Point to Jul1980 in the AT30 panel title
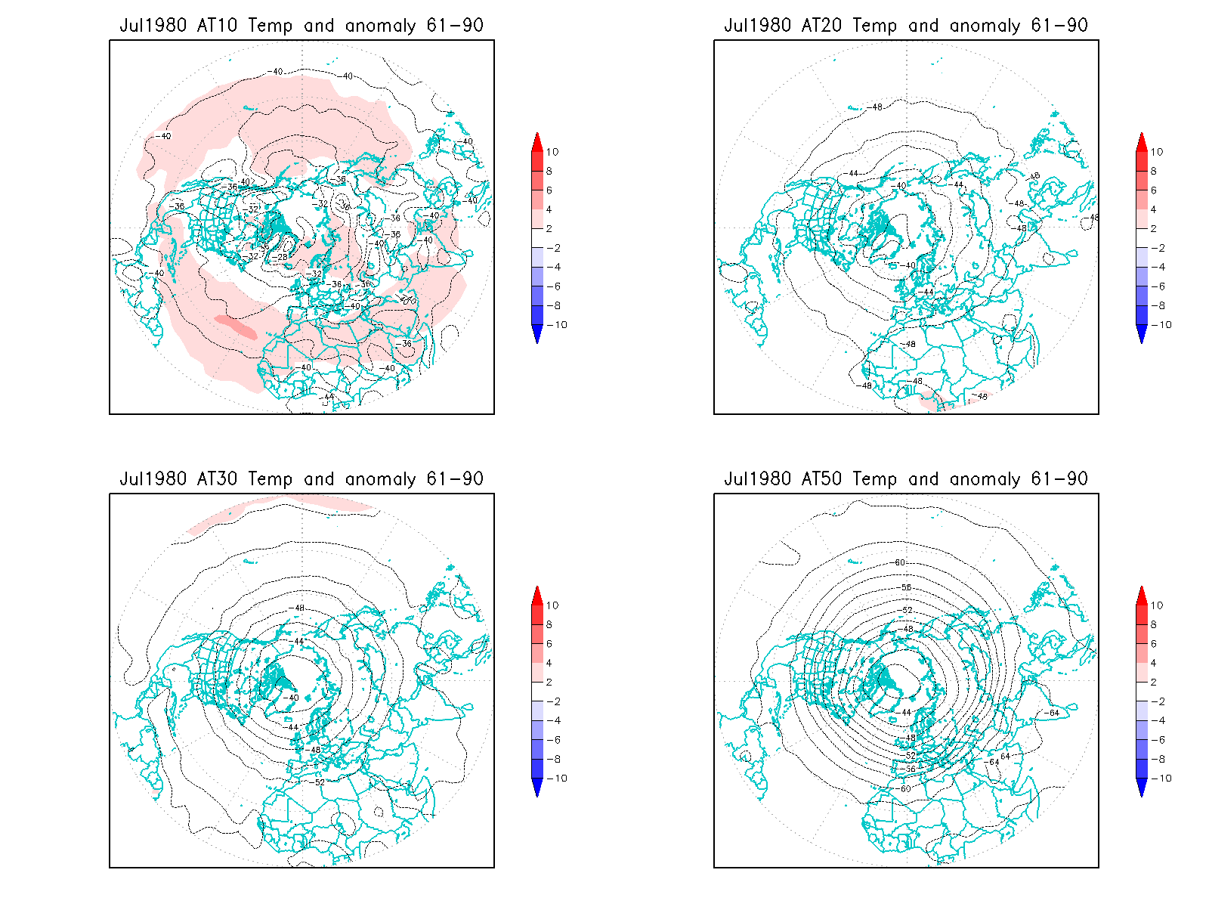pyautogui.click(x=153, y=478)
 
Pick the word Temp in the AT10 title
pyautogui.click(x=270, y=25)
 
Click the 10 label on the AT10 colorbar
pyautogui.click(x=552, y=152)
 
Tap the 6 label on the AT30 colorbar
pyautogui.click(x=549, y=644)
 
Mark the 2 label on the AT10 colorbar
pyautogui.click(x=549, y=228)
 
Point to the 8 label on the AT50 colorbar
pyautogui.click(x=1154, y=624)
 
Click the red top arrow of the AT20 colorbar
pyautogui.click(x=1142, y=141)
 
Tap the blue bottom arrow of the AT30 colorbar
pyautogui.click(x=537, y=788)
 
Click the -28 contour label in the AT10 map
pyautogui.click(x=281, y=257)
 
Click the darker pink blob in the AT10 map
pyautogui.click(x=237, y=327)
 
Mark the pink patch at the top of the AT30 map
pyautogui.click(x=280, y=508)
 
